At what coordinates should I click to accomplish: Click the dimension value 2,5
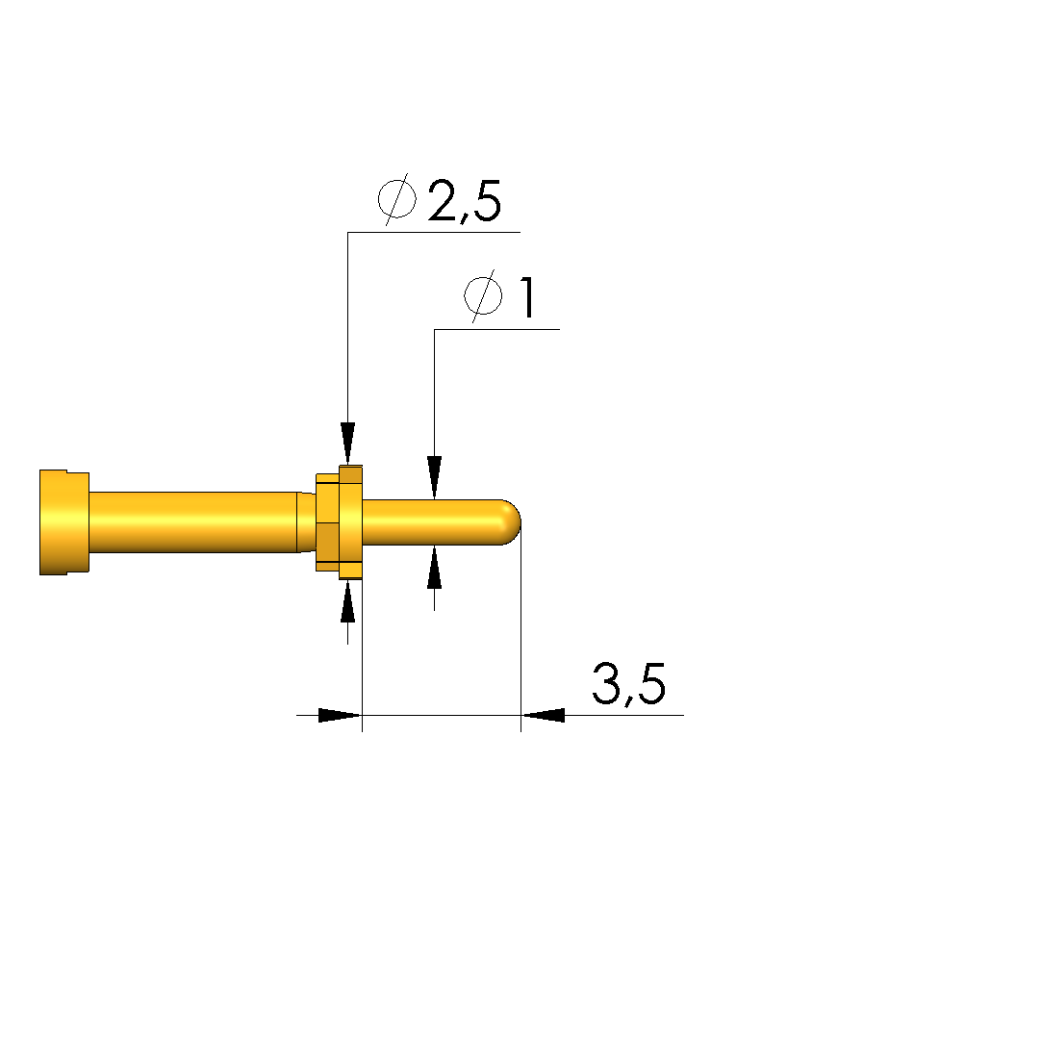tap(465, 201)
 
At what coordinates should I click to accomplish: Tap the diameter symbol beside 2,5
tap(397, 199)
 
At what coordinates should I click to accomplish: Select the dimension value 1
tap(527, 297)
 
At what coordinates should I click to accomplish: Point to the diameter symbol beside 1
tap(483, 295)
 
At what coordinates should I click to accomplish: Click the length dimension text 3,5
tap(628, 684)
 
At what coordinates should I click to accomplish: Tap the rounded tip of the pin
tap(512, 522)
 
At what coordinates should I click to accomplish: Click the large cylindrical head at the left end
tap(64, 522)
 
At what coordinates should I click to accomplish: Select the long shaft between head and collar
tap(192, 522)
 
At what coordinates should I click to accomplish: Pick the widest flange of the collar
tap(351, 522)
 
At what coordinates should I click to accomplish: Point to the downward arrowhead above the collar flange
tap(347, 444)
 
